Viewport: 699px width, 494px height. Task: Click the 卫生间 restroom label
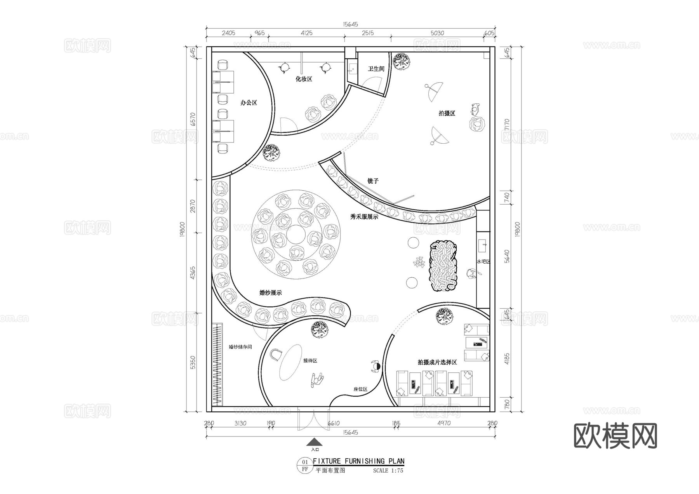coord(376,69)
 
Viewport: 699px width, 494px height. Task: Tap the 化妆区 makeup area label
coord(304,79)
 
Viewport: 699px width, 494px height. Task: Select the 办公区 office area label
coord(249,103)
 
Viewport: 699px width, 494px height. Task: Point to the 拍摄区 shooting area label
coord(447,113)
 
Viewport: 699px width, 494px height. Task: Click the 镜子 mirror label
coord(373,181)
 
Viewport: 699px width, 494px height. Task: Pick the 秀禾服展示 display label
coord(364,217)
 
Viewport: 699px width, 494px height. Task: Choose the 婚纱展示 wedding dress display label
coord(270,293)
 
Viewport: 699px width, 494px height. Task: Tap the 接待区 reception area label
coord(310,361)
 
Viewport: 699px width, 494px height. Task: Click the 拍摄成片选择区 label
coord(437,362)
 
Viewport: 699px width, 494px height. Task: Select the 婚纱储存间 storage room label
coord(240,347)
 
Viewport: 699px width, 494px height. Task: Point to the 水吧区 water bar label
coord(483,262)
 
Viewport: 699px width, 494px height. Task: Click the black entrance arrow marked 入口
coord(314,442)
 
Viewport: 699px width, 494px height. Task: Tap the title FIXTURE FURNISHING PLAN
coord(358,461)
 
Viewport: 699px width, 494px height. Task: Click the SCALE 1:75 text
coord(388,471)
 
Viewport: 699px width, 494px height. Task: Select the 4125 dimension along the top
coord(306,33)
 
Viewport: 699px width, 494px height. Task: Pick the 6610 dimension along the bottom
coord(334,423)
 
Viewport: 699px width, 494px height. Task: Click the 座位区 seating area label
coord(360,389)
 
